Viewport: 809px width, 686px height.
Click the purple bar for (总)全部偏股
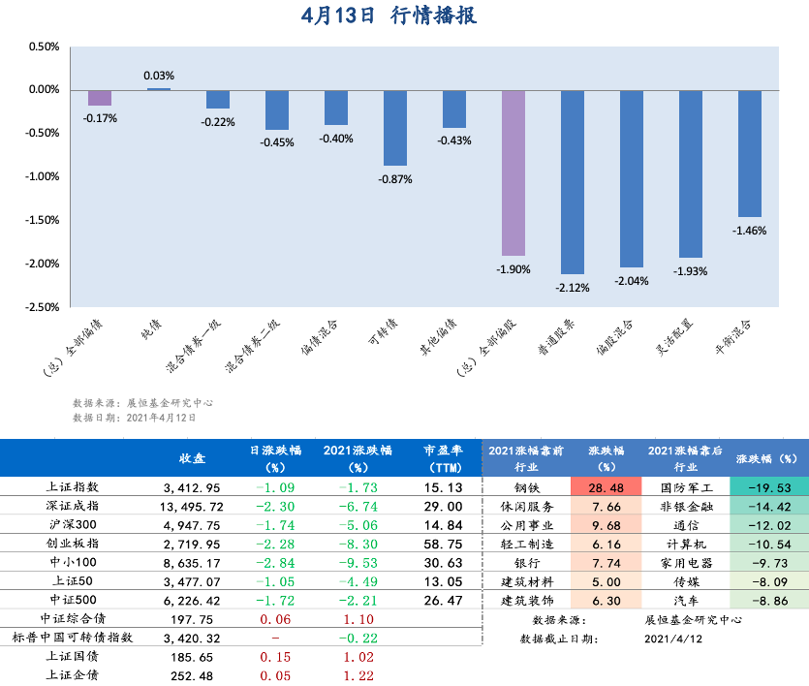(513, 172)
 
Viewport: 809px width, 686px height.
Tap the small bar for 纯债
(159, 89)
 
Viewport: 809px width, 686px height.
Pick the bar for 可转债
(394, 128)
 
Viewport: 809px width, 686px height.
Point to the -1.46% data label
(750, 231)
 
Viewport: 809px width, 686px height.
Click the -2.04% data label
(632, 281)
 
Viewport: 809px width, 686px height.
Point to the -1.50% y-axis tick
(44, 220)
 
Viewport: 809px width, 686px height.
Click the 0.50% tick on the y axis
(45, 47)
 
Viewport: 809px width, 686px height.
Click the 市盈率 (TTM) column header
(443, 457)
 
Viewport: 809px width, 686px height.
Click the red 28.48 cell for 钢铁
(607, 487)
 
